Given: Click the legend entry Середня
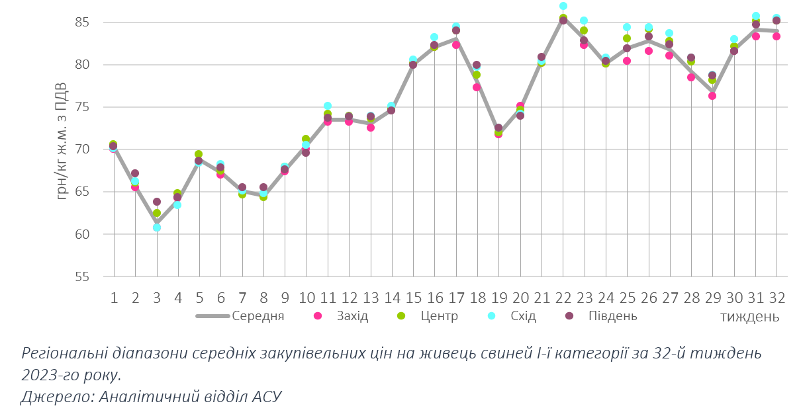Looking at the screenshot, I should pyautogui.click(x=258, y=315).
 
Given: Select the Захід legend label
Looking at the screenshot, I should pyautogui.click(x=352, y=315).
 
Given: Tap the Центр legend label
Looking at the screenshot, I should pyautogui.click(x=439, y=315).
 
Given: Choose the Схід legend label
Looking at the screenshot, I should pyautogui.click(x=524, y=315).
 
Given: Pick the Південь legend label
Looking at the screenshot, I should pyautogui.click(x=613, y=315).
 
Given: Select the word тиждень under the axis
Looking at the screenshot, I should pyautogui.click(x=749, y=316).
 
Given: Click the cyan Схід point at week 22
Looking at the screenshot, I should pyautogui.click(x=563, y=6).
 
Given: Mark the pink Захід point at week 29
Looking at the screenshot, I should pyautogui.click(x=712, y=96).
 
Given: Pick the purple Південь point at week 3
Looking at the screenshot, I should pyautogui.click(x=157, y=202).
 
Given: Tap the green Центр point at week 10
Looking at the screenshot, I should pyautogui.click(x=306, y=139).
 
